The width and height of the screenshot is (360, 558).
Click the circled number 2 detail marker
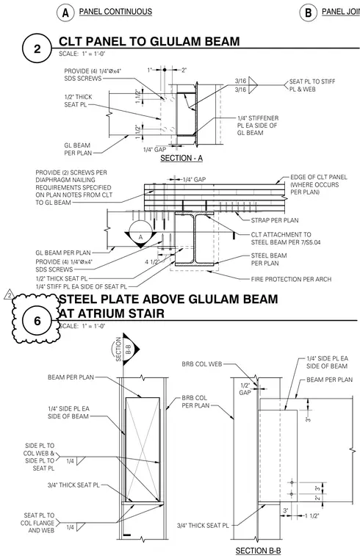37,48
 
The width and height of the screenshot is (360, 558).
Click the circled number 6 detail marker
37,321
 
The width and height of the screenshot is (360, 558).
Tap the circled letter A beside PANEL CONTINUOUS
65,12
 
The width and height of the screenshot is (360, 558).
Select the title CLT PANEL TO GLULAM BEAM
149,41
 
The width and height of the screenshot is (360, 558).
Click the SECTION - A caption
181,158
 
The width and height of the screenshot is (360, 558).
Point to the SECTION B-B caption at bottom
258,551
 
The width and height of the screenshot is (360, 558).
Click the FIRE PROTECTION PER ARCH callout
291,279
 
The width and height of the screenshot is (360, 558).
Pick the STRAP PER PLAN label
275,220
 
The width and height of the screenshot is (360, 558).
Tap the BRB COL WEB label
202,364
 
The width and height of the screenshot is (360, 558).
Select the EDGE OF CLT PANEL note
318,185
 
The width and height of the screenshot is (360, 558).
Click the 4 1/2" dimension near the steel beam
151,262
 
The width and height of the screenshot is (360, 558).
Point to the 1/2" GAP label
245,388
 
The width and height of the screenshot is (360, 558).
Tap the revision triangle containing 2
10,295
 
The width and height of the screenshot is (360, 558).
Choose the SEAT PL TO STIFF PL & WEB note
312,85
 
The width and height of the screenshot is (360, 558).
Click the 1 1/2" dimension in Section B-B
312,515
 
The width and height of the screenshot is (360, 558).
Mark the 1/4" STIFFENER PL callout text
258,126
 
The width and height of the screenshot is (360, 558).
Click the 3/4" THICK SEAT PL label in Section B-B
203,525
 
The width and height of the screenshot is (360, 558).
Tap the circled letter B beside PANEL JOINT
309,12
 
